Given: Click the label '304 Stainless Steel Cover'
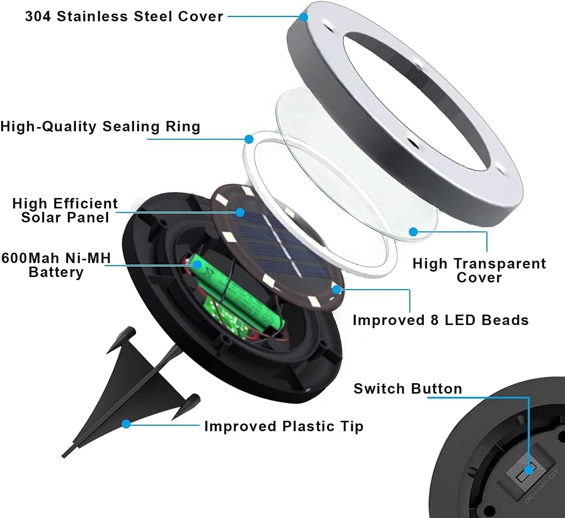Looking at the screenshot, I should [x=124, y=16].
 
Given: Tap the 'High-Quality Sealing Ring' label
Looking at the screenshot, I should [x=100, y=127].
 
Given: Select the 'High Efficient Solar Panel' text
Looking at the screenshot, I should [x=65, y=210].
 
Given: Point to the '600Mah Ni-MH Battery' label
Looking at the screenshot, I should [x=56, y=265].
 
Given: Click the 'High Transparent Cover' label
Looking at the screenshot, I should [x=479, y=270].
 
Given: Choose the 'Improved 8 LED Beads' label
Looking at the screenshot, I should [x=441, y=320].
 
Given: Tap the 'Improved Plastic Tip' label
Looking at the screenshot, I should [x=284, y=426].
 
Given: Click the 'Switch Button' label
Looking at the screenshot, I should [x=408, y=389].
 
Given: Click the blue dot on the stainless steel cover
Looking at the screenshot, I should [x=304, y=17].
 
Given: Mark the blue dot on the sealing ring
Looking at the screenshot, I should [x=249, y=139].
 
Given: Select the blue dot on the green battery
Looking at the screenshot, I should [x=197, y=265].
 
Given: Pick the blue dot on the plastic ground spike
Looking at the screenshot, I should [x=126, y=424].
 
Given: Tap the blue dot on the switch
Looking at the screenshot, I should [x=529, y=470].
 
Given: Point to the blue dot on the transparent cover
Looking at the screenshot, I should [x=413, y=232].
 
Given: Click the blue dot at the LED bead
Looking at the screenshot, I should [x=336, y=289].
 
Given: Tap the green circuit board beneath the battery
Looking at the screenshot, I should [x=229, y=316].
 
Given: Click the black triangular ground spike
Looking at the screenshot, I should [x=128, y=387].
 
